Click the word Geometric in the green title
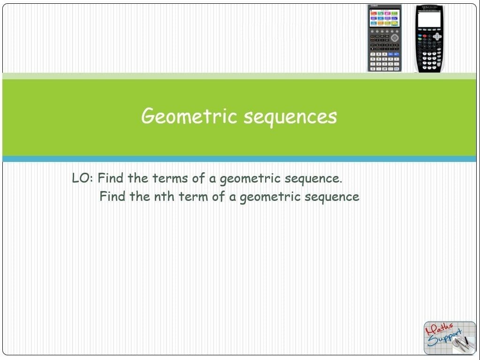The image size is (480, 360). tap(189, 116)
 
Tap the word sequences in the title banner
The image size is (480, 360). tap(290, 118)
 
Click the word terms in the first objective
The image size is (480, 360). tap(170, 178)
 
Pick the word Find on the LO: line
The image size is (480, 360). tap(111, 178)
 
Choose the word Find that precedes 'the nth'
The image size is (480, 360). tap(112, 196)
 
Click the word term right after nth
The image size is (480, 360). tap(193, 197)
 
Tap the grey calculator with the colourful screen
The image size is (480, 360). tap(384, 38)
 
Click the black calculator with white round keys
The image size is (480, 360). tap(429, 38)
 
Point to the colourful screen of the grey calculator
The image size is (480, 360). tap(384, 18)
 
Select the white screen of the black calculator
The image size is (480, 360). tap(429, 19)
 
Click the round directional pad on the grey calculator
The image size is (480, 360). tap(395, 38)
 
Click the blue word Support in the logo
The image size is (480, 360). tap(444, 338)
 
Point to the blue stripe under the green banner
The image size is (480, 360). tap(239, 159)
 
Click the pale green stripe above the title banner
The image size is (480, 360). tap(239, 76)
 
